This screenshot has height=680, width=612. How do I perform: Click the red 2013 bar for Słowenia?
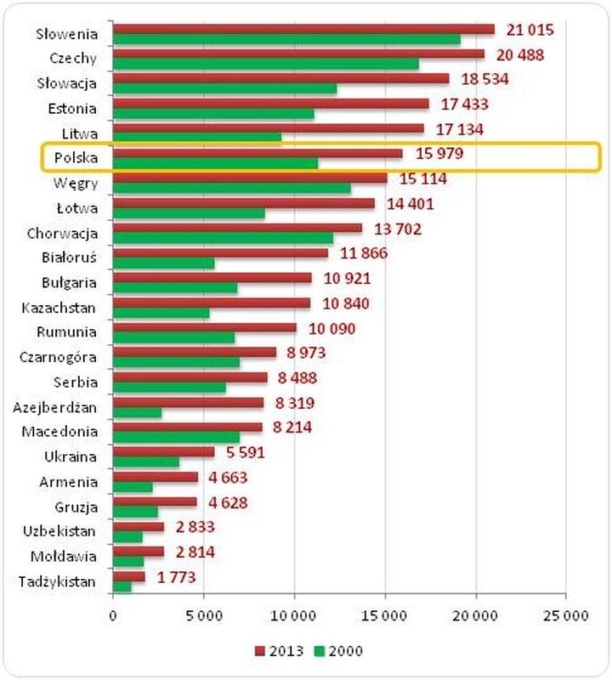(303, 29)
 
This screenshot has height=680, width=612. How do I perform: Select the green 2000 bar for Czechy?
(265, 65)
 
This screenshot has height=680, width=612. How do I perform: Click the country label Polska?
(76, 158)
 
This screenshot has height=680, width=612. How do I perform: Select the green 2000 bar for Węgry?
(231, 189)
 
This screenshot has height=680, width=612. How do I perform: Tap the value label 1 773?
(176, 576)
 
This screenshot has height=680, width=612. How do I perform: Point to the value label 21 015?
(530, 30)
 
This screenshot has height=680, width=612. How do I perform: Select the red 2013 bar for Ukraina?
(163, 452)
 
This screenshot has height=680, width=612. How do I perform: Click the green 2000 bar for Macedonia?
(176, 437)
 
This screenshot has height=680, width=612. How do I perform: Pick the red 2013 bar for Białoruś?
(220, 253)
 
